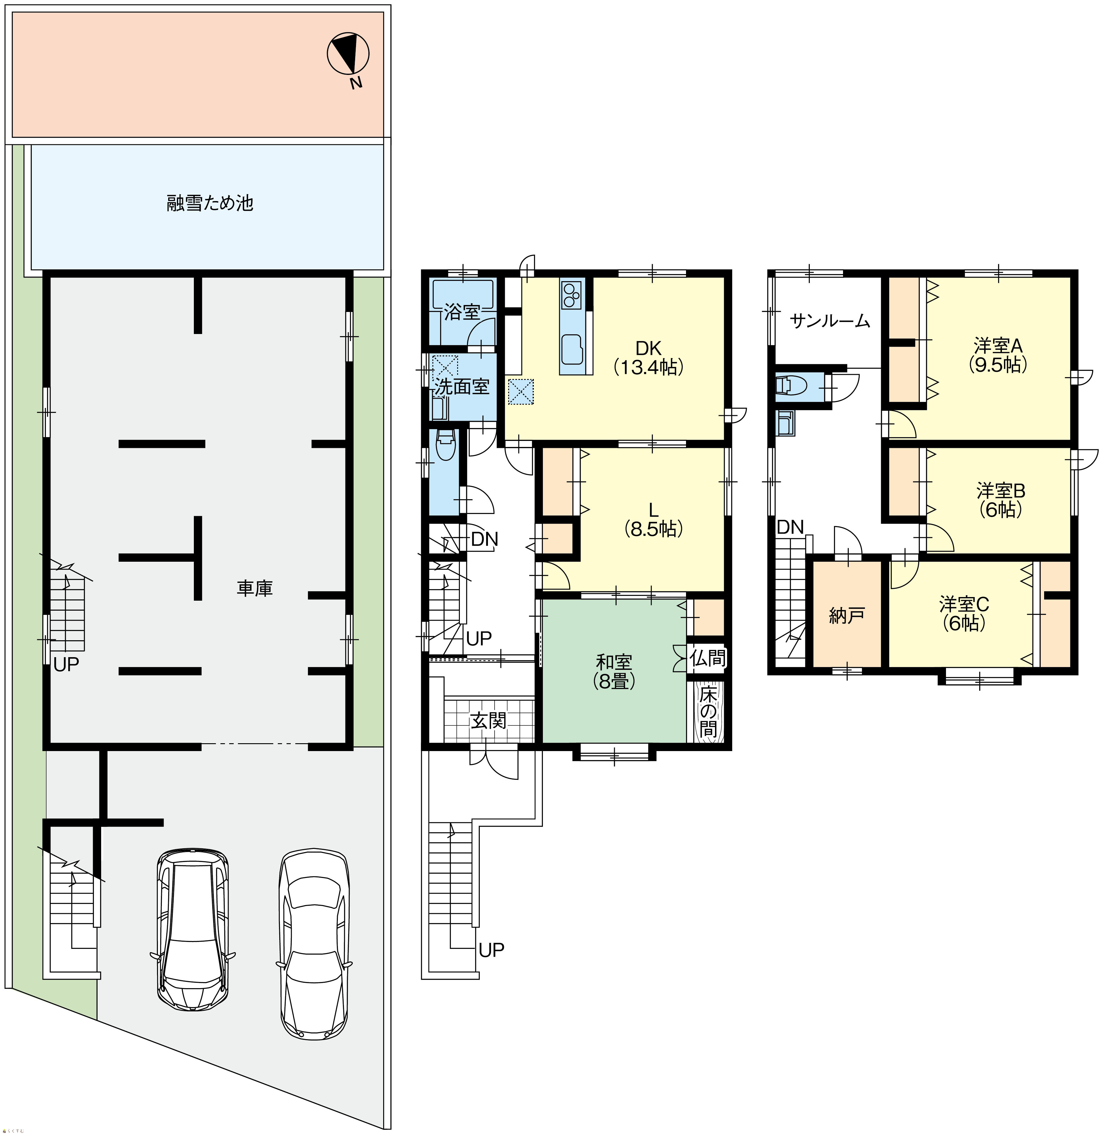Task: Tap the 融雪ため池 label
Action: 210,203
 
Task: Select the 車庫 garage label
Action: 254,588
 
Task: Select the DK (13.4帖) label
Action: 649,358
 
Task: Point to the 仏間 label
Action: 707,658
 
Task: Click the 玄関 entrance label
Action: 488,721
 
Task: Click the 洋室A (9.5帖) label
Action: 998,355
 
